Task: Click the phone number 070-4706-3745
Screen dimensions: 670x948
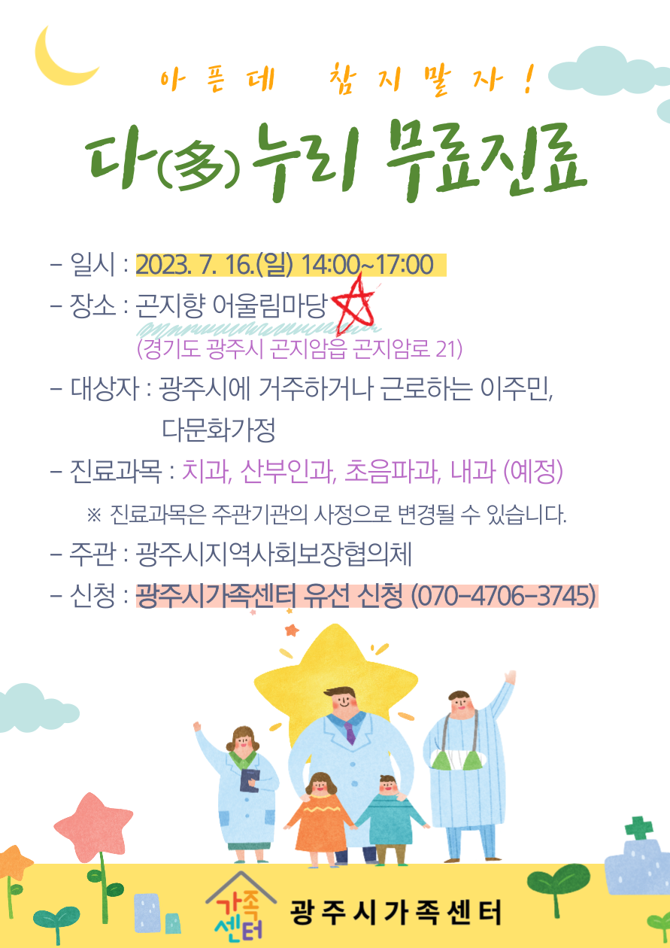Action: (x=503, y=596)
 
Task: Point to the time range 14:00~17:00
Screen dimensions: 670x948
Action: (x=367, y=265)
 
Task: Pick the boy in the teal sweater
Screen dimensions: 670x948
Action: (x=390, y=819)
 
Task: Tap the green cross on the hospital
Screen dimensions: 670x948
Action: (x=638, y=828)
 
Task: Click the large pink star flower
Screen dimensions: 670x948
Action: (x=93, y=826)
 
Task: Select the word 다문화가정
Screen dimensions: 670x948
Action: (x=219, y=430)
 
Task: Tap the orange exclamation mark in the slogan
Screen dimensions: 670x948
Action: (x=528, y=79)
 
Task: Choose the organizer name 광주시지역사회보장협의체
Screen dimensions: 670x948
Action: (x=274, y=555)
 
